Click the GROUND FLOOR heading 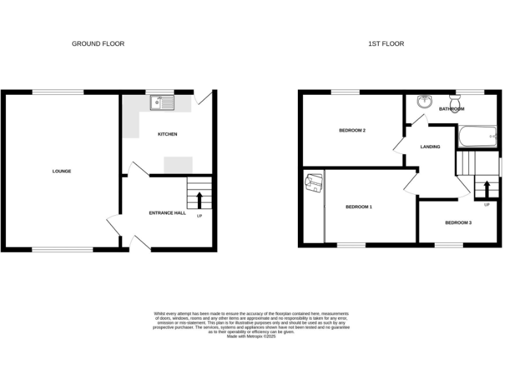coord(98,44)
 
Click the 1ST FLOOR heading coord(386,44)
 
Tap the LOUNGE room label coord(62,171)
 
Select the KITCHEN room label coord(167,134)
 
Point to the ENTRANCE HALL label coord(167,213)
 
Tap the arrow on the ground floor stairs coord(200,199)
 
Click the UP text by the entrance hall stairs coord(199,216)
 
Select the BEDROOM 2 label coord(352,130)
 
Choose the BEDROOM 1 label coord(359,207)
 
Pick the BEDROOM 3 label coord(458,222)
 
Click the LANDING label coord(430,147)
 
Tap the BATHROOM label coord(452,109)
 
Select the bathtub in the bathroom coord(476,137)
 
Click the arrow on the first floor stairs coord(487,189)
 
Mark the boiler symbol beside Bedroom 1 coord(314,182)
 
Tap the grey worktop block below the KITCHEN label coord(178,165)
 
